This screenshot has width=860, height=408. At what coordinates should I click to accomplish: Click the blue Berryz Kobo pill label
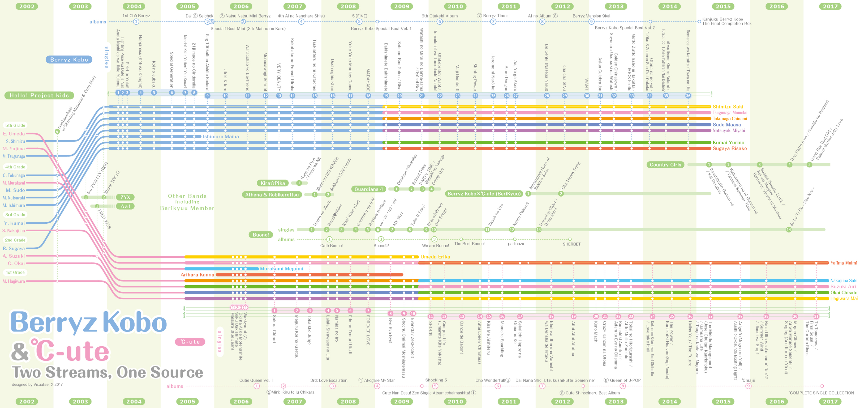[x=69, y=59]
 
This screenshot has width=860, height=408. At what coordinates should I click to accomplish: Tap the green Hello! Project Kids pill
[x=39, y=96]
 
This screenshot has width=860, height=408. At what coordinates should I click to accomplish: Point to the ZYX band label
[x=125, y=197]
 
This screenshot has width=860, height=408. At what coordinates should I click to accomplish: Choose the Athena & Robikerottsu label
[x=272, y=195]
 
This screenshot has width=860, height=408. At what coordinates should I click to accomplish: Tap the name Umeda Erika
[x=435, y=257]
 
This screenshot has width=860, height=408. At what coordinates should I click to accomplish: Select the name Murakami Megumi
[x=281, y=269]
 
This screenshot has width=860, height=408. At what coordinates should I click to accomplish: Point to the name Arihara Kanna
[x=197, y=275]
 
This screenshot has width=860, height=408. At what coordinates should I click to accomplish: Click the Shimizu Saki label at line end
[x=728, y=107]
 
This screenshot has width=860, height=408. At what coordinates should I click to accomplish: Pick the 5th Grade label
[x=15, y=125]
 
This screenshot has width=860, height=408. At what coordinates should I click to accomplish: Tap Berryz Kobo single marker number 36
[x=688, y=96]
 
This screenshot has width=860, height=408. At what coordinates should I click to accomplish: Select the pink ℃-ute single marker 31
[x=816, y=316]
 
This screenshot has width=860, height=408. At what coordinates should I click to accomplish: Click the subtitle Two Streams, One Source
[x=107, y=372]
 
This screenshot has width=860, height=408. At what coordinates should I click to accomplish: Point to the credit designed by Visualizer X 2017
[x=37, y=384]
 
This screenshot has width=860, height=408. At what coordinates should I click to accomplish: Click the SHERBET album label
[x=571, y=244]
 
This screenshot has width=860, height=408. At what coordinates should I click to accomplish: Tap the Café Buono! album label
[x=331, y=246]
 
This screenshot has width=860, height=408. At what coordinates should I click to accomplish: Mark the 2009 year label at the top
[x=402, y=6]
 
